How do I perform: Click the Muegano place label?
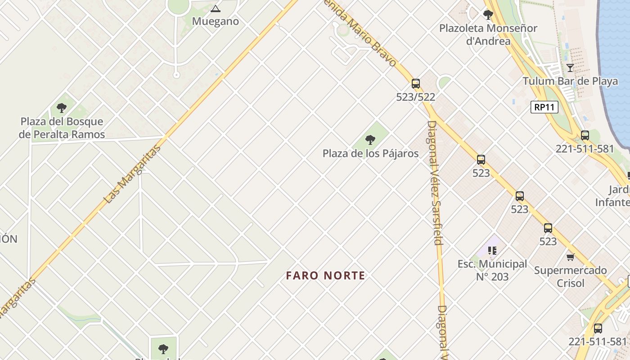tap(215, 21)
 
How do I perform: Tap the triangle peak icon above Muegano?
tap(216, 9)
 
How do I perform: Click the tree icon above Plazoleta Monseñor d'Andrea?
tap(488, 15)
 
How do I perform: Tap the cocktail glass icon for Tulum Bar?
tap(570, 68)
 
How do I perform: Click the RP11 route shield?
tap(544, 107)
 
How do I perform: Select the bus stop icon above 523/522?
tap(416, 84)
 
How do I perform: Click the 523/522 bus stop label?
tap(416, 97)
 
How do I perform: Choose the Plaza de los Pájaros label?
tap(370, 153)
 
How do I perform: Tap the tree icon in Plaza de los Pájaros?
tap(370, 140)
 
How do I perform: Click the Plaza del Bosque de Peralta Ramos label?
tap(62, 128)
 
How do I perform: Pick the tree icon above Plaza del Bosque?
tap(62, 108)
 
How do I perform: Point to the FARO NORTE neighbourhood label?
tap(326, 275)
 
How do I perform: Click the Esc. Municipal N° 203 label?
tap(492, 270)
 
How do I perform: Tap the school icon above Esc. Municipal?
tap(492, 251)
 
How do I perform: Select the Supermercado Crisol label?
tap(571, 277)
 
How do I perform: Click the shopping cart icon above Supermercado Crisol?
tap(571, 257)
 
